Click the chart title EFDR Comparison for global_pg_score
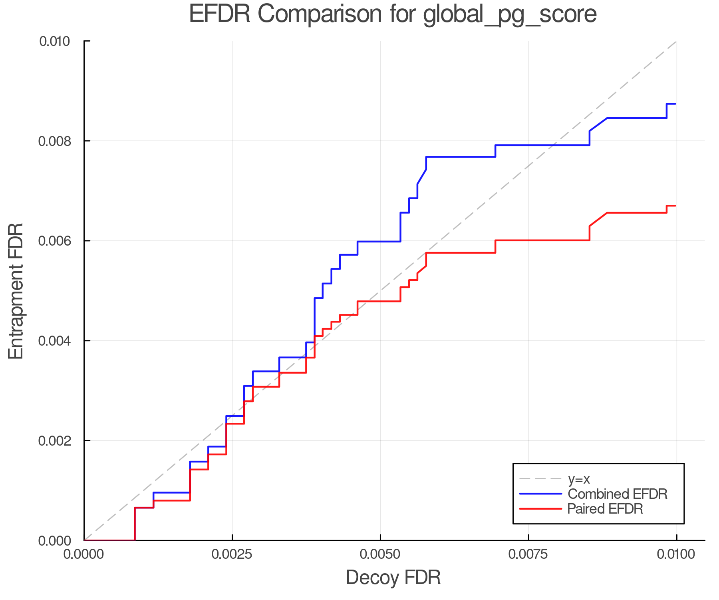click(x=393, y=14)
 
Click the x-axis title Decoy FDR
click(x=393, y=578)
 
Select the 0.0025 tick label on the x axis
click(x=232, y=554)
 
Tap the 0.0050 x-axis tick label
click(x=380, y=554)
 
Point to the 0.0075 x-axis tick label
click(x=528, y=554)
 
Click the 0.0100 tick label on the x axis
click(x=676, y=554)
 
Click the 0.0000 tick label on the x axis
click(x=84, y=554)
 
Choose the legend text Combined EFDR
click(x=618, y=494)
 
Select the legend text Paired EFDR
click(x=605, y=509)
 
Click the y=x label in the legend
click(x=579, y=479)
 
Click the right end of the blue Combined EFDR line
click(x=675, y=104)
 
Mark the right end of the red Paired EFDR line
click(x=675, y=206)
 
